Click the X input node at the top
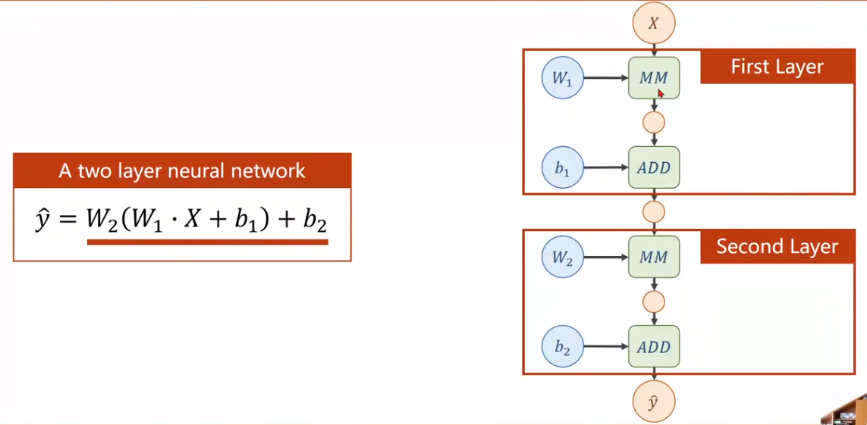653,23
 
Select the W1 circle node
563,78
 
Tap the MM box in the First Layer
654,78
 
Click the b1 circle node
563,167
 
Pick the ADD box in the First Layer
654,167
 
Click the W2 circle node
563,258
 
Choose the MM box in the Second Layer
654,258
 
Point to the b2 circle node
563,347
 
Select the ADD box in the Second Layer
654,347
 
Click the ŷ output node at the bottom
653,402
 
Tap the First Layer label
777,67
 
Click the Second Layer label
777,247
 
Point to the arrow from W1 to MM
606,78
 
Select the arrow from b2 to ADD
606,347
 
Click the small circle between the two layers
653,211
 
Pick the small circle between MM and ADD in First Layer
653,122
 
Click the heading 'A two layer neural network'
182,170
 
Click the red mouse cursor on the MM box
661,93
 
